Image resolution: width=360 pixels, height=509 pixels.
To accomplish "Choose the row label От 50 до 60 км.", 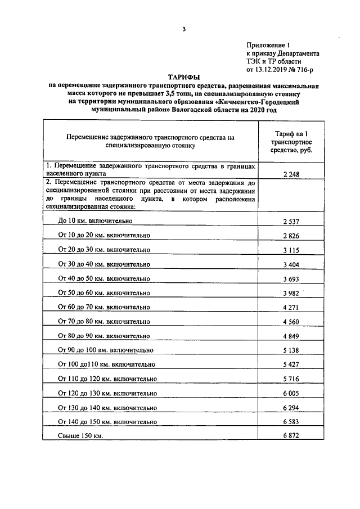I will pos(104,293).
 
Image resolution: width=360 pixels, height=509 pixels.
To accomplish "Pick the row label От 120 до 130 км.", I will pos(107,394).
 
